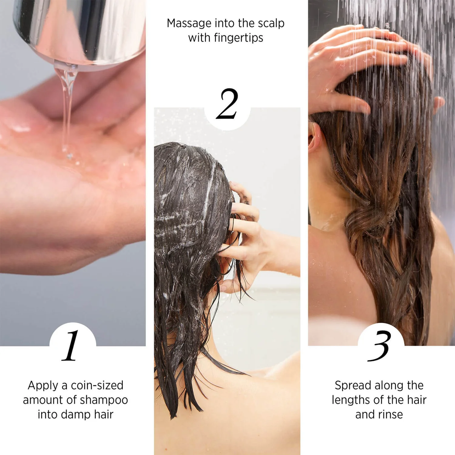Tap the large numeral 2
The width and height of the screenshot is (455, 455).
click(x=227, y=104)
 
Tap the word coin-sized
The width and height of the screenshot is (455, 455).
click(x=97, y=386)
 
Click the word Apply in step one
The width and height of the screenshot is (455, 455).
click(x=43, y=386)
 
